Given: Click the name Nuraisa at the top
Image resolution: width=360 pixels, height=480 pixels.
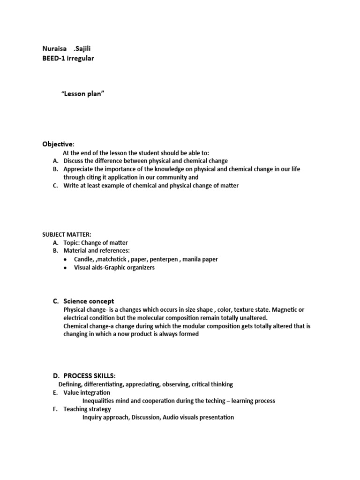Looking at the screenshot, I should coord(55,49).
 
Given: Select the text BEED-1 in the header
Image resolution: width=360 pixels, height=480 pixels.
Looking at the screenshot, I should coord(53,58).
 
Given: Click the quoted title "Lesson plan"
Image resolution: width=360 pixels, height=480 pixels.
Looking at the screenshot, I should coord(83,94).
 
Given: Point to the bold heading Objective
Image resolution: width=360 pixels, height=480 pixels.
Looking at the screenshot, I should coord(58,144).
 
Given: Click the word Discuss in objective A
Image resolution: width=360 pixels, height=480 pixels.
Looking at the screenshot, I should coord(74,161).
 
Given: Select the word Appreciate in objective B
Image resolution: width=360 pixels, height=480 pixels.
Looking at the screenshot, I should coord(78,169).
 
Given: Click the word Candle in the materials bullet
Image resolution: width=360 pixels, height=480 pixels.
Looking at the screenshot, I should coord(83,259).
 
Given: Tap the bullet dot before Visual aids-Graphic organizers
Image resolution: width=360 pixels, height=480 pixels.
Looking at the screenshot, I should coord(65,268).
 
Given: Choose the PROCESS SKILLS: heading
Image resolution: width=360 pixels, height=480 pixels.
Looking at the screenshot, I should coord(89,376).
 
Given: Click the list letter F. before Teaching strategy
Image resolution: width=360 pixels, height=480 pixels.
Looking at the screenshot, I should coord(55,409).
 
